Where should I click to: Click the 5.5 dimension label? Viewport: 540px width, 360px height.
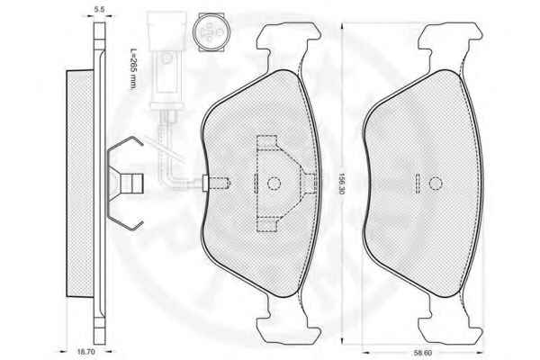click(99, 9)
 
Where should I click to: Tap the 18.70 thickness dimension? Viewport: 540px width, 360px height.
click(85, 352)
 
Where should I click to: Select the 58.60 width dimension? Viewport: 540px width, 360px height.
click(423, 353)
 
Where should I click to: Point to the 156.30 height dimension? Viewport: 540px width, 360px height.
click(341, 183)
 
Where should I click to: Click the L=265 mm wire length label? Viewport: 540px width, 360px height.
click(133, 69)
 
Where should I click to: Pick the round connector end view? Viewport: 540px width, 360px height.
click(210, 32)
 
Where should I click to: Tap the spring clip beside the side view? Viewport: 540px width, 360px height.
click(125, 184)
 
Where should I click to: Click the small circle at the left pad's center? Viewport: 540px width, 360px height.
click(274, 184)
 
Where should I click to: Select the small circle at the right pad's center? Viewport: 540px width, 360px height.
click(436, 184)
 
